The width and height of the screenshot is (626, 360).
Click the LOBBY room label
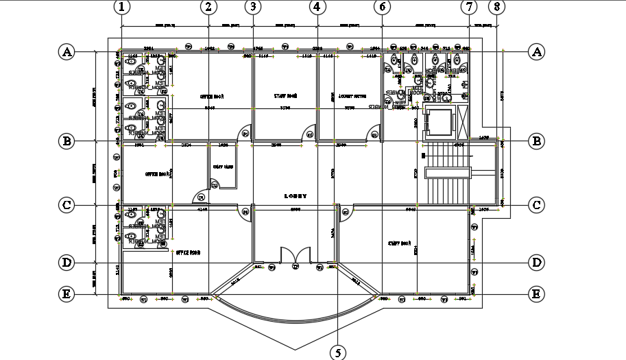[x=295, y=196]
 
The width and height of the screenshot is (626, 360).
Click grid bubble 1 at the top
[x=121, y=7]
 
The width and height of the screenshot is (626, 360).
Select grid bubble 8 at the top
[x=497, y=7]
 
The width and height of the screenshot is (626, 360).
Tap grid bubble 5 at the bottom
[x=338, y=352]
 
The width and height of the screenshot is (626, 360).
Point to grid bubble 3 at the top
[x=254, y=7]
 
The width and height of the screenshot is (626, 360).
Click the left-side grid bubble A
[x=67, y=51]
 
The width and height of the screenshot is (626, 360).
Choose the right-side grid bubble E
[x=536, y=294]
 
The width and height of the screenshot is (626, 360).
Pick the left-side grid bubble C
[x=67, y=204]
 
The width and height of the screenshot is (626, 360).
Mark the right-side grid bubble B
[x=536, y=141]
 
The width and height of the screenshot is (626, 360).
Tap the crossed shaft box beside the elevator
[x=462, y=122]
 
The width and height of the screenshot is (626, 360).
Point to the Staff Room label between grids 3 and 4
[x=285, y=97]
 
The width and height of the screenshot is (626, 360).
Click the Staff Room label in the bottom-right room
[x=399, y=243]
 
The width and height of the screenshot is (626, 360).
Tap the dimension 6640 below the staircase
[x=411, y=208]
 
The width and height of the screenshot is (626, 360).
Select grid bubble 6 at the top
[x=382, y=7]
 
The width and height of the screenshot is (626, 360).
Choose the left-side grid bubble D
[x=67, y=263]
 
